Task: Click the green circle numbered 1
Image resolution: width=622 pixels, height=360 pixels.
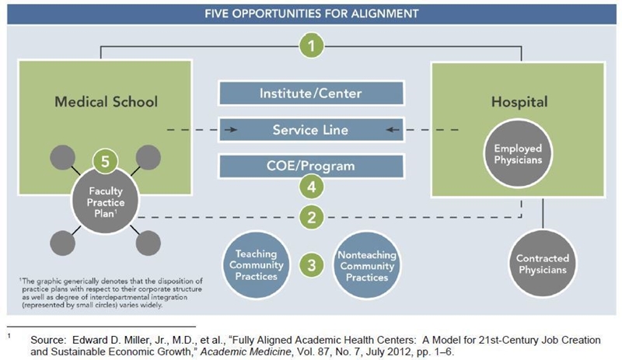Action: (312, 46)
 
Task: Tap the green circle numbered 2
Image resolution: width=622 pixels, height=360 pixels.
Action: (312, 217)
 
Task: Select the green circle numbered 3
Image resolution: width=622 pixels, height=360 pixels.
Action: (312, 264)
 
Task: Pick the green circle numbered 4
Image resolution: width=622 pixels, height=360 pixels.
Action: (312, 187)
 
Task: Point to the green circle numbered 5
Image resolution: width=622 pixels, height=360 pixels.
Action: (105, 162)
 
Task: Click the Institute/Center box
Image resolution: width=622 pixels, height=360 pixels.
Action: (311, 93)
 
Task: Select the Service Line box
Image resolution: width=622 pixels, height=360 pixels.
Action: (311, 130)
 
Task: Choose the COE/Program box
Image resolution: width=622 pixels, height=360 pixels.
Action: (311, 166)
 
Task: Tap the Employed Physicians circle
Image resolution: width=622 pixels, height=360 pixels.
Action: (518, 154)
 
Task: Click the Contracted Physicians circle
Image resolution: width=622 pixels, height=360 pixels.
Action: (543, 264)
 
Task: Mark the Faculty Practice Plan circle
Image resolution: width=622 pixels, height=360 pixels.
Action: (105, 201)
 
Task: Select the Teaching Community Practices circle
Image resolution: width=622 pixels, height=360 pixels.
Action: (257, 264)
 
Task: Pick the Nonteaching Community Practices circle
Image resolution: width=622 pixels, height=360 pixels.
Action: (367, 266)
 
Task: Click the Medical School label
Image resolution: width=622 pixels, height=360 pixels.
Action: (106, 102)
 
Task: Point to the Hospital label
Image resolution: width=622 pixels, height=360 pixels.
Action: (519, 102)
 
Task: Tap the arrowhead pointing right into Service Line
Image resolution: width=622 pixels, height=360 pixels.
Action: (232, 130)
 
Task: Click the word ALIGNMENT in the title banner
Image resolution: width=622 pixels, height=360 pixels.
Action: (383, 13)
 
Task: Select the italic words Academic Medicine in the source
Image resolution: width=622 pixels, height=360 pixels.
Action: (246, 351)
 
